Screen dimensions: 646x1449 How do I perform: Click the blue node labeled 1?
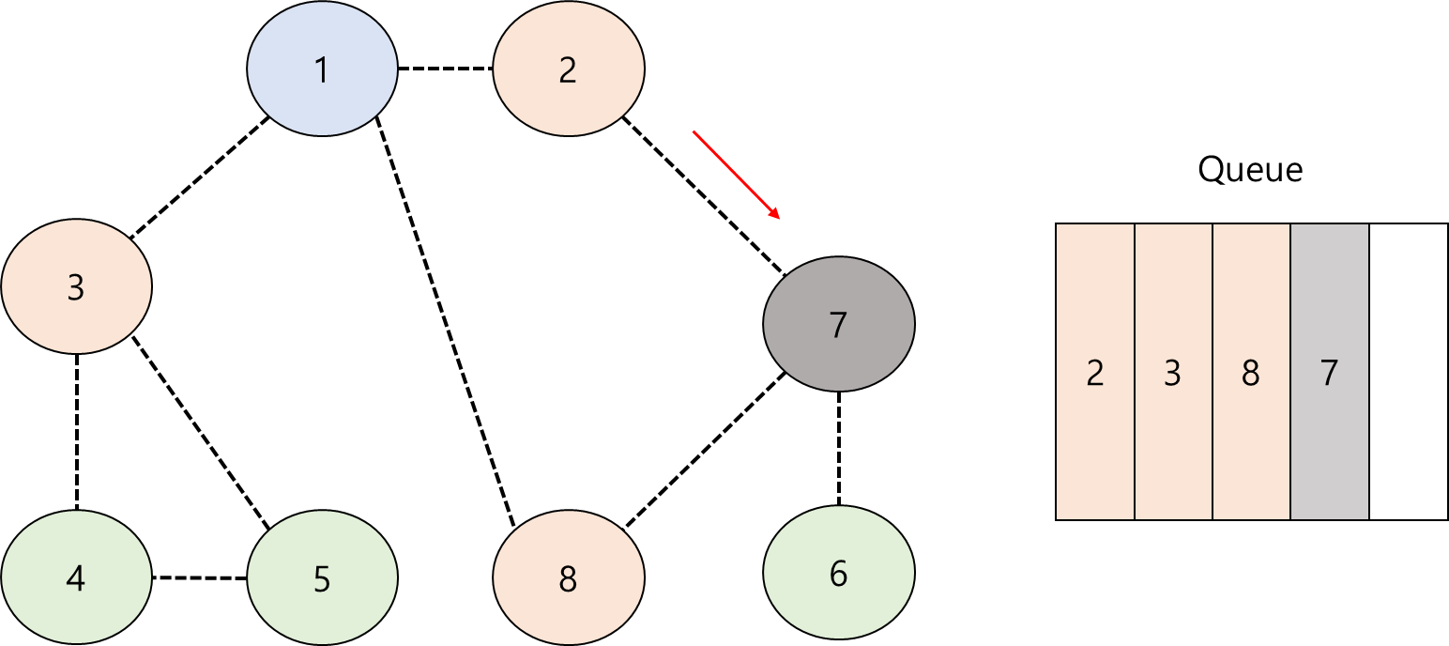322,69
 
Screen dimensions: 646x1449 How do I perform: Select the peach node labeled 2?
568,69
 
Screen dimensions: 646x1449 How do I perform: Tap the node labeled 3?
76,286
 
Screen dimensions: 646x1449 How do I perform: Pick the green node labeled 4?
76,578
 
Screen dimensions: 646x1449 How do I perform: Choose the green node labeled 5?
322,578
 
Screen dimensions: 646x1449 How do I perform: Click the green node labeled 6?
838,573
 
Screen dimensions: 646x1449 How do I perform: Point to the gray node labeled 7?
838,325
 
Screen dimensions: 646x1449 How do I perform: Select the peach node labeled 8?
568,578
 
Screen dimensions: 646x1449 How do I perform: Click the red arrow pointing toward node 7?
736,175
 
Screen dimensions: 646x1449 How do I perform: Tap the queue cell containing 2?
1095,372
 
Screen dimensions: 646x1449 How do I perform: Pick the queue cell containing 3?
1173,372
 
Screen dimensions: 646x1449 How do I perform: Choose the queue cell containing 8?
1251,372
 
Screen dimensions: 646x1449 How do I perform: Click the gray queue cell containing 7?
1329,372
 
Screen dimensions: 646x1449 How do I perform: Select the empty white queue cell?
1409,372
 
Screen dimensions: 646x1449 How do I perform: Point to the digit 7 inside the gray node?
838,325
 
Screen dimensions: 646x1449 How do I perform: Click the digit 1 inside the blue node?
322,69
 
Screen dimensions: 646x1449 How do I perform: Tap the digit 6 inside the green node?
838,573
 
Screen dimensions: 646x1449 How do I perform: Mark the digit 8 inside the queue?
1250,374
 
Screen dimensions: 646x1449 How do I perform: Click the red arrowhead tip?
779,218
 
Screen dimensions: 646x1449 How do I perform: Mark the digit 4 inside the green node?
76,579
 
